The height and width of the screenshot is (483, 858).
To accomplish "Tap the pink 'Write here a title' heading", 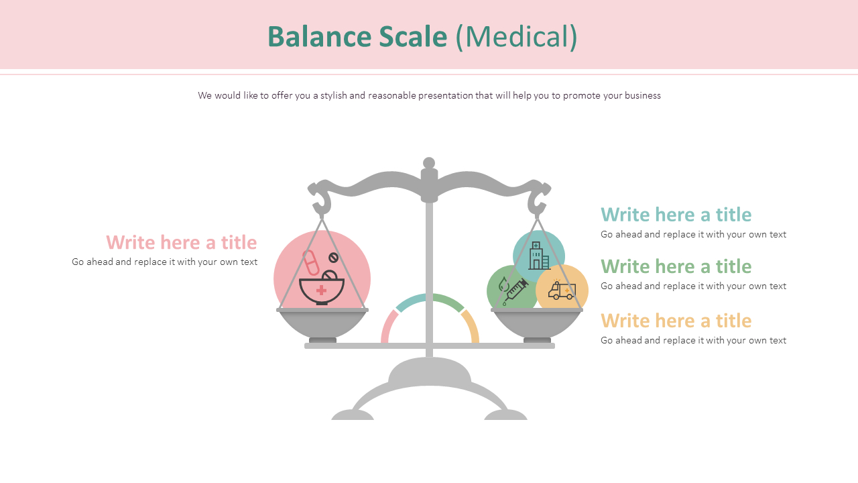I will pos(181,242).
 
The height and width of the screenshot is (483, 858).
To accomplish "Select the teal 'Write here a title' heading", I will pos(676,215).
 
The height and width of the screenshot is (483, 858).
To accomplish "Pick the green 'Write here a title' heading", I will pos(676,266).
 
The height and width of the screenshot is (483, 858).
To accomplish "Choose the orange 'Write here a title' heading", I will pos(676,321).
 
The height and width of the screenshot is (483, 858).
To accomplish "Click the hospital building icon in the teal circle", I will pos(538,256).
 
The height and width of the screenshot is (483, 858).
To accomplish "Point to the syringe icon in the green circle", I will pos(514,291).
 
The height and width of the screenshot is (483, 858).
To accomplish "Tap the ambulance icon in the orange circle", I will pos(562,290).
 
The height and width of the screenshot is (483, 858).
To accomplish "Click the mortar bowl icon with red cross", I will pos(322,288).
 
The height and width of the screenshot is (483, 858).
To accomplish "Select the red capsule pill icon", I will pos(311,262).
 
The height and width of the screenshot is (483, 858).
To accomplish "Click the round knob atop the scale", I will pos(429,163).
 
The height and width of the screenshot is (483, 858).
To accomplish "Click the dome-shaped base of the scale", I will pos(430,372).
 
